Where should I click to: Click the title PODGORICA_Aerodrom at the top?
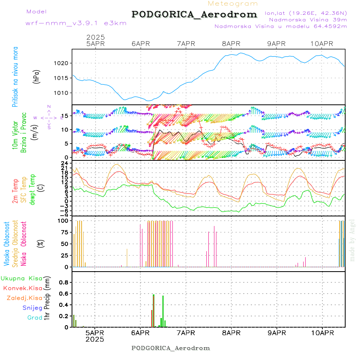pyautogui.click(x=194, y=14)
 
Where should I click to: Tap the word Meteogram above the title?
pyautogui.click(x=233, y=4)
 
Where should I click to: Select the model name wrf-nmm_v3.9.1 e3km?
pyautogui.click(x=76, y=23)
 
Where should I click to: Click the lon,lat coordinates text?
pyautogui.click(x=306, y=13)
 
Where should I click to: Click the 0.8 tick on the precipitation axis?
pyautogui.click(x=64, y=282)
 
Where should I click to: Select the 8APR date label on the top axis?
pyautogui.click(x=231, y=44)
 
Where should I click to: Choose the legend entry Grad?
pyautogui.click(x=35, y=318)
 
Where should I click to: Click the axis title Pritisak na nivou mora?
pyautogui.click(x=16, y=76)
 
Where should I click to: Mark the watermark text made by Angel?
pyautogui.click(x=352, y=240)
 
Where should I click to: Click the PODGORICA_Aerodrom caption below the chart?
pyautogui.click(x=171, y=348)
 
